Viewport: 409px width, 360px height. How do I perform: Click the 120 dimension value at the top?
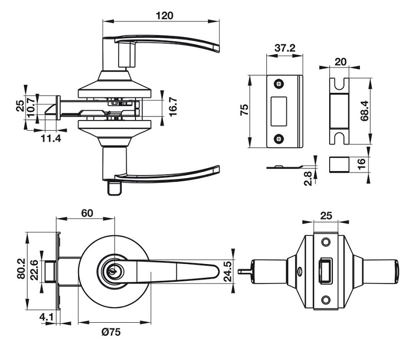pyautogui.click(x=165, y=15)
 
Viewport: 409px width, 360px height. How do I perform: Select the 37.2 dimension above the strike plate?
pyautogui.click(x=285, y=48)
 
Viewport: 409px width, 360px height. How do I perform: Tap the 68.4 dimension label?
pyautogui.click(x=365, y=110)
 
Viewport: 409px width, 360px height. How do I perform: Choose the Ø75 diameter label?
pyautogui.click(x=111, y=332)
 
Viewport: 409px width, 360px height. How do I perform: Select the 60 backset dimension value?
pyautogui.click(x=86, y=213)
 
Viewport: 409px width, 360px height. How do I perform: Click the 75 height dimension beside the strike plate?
pyautogui.click(x=244, y=110)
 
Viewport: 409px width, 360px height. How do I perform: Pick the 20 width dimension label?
pyautogui.click(x=340, y=62)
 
